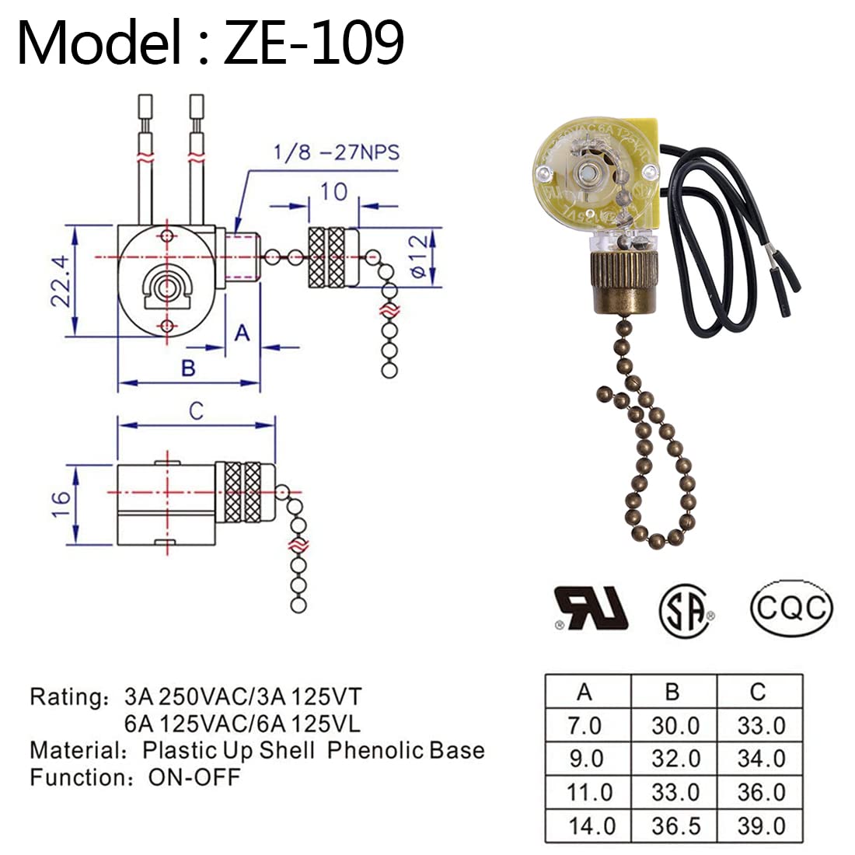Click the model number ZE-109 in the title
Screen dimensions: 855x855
coord(313,43)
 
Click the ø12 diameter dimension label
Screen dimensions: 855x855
coord(418,256)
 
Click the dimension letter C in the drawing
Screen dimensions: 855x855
coord(196,410)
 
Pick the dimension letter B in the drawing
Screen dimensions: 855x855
coord(187,368)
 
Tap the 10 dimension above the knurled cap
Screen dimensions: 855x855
coord(333,190)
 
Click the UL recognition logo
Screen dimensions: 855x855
coord(590,608)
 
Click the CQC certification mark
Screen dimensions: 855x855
coord(791,607)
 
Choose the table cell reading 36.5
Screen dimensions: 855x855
coord(675,825)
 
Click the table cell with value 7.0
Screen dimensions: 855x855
coord(585,726)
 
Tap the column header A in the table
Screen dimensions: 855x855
coord(585,691)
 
